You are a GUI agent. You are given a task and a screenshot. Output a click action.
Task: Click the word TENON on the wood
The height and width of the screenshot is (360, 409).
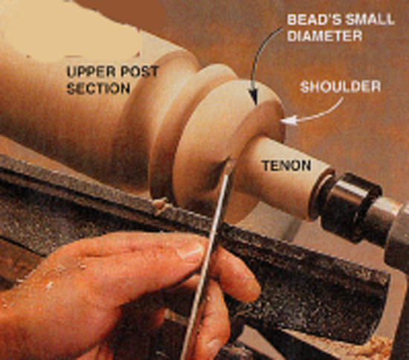pos(286,165)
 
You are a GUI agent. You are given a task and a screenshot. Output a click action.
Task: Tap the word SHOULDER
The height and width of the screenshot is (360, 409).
pos(341,86)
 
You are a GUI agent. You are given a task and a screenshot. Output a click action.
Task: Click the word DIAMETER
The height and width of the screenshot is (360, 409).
pos(325,35)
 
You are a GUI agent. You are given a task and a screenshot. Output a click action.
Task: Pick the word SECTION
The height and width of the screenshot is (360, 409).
pos(98,89)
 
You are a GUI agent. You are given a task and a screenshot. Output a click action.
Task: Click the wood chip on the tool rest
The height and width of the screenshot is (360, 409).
pos(161,204)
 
